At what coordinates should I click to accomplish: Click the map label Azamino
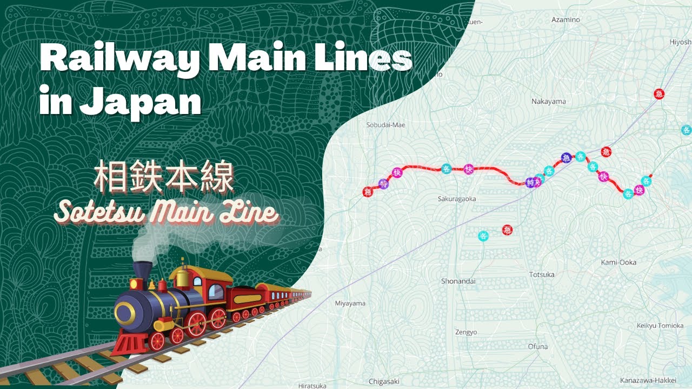[565, 20]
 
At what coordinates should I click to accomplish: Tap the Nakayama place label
[548, 102]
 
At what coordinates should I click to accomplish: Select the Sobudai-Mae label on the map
[385, 125]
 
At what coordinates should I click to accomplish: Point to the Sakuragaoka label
[457, 199]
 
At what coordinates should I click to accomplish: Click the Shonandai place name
[458, 281]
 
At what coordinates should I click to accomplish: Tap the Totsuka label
[542, 275]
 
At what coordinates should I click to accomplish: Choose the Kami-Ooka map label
[618, 263]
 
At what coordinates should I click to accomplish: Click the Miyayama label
[350, 304]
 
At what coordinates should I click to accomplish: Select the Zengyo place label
[466, 332]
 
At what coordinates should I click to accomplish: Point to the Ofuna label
[538, 346]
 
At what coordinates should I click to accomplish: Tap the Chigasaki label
[384, 381]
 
